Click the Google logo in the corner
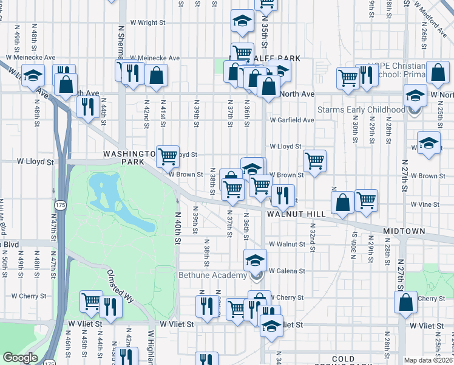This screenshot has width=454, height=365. point(20,358)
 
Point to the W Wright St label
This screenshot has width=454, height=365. point(147,23)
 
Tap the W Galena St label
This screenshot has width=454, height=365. point(286,270)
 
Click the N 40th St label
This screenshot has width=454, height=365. point(178,228)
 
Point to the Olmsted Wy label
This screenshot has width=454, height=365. point(120,286)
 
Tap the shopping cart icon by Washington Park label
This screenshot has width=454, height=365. point(168,156)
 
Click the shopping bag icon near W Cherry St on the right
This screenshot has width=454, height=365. point(405,302)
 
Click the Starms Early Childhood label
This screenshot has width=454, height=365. point(362,109)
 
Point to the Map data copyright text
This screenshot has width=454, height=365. point(429,360)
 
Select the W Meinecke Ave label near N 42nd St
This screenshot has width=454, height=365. point(159,58)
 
